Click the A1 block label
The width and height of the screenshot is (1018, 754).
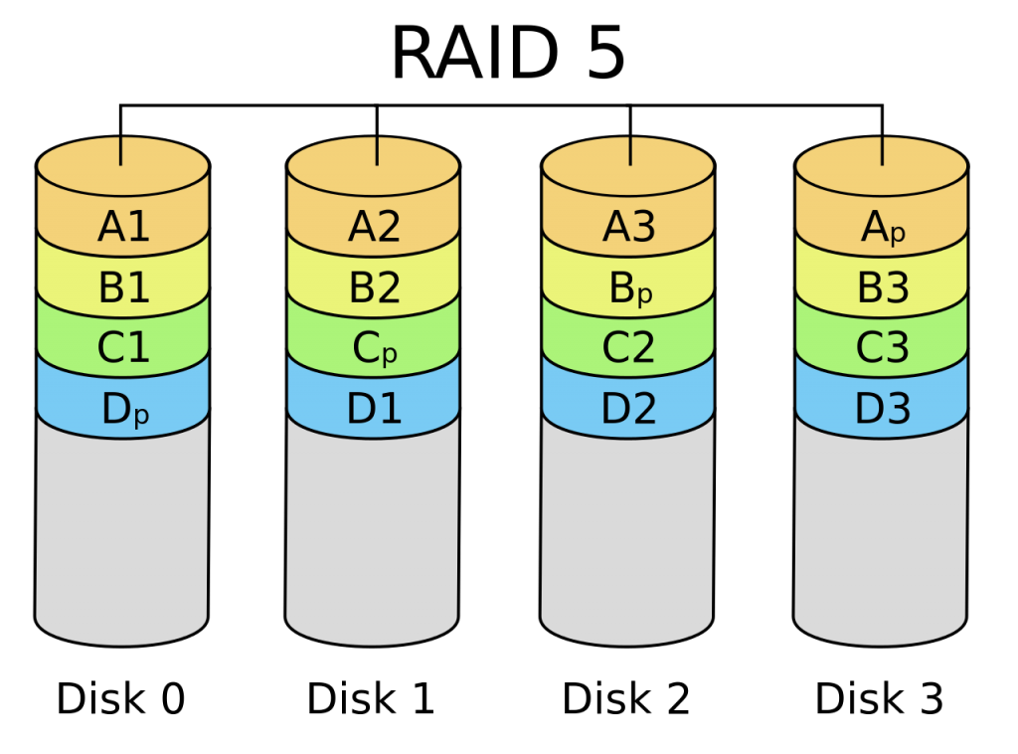click(123, 227)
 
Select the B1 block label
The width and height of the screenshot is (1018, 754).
click(123, 287)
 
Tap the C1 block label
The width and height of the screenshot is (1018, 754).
click(123, 347)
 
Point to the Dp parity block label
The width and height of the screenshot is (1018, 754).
click(125, 410)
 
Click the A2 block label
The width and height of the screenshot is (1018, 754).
click(374, 227)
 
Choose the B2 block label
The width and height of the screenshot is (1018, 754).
click(374, 287)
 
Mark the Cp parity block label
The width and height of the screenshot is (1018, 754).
click(375, 349)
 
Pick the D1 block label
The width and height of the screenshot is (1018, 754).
click(374, 409)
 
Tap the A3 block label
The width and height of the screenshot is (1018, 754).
click(628, 227)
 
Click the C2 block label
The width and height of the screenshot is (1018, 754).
click(628, 347)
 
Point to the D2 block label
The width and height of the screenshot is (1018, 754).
click(628, 409)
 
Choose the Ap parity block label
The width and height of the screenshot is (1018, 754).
click(883, 229)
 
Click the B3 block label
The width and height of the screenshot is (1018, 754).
click(883, 287)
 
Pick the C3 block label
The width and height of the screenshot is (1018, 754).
click(883, 347)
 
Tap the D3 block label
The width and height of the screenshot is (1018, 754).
click(883, 409)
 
